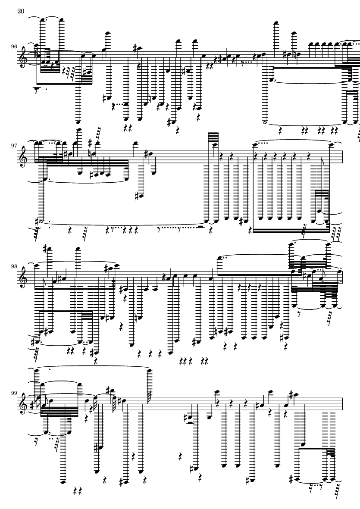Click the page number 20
coord(20,12)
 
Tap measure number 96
coord(14,46)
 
